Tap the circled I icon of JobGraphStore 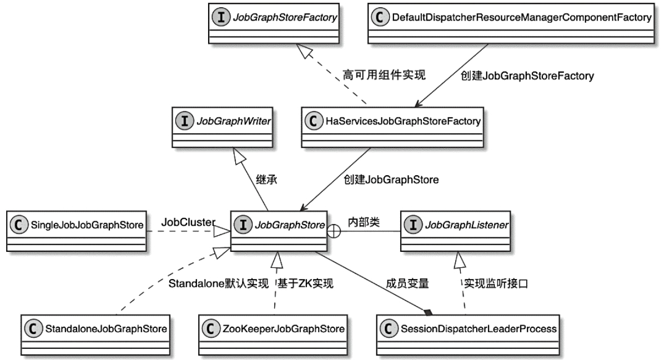242,225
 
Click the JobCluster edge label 188,222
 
